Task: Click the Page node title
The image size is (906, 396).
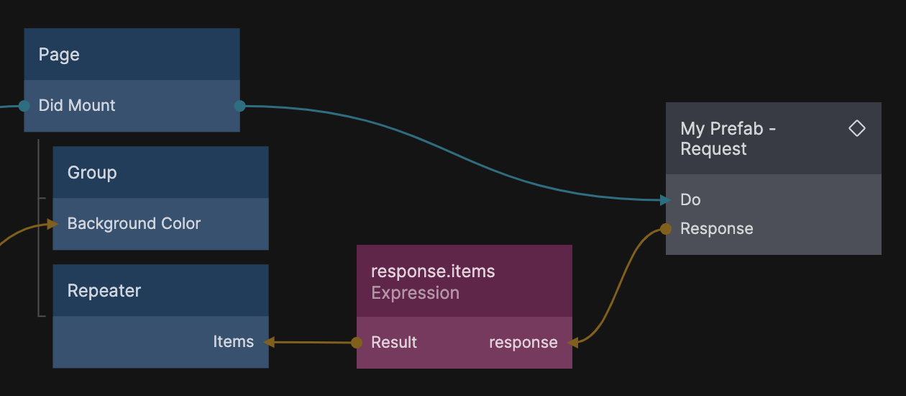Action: (59, 55)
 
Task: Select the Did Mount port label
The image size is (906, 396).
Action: (77, 105)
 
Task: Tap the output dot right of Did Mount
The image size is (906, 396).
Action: (240, 106)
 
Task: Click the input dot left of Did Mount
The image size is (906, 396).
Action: (24, 106)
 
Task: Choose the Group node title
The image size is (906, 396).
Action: (92, 173)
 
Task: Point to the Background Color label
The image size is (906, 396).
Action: (134, 223)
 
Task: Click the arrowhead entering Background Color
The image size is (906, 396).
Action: (52, 224)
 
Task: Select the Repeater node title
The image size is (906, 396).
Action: (104, 291)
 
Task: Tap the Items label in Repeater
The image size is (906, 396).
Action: (234, 341)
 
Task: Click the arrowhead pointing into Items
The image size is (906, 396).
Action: (269, 342)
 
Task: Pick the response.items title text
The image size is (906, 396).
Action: (433, 271)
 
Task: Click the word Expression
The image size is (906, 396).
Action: (415, 293)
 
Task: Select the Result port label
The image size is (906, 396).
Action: (394, 342)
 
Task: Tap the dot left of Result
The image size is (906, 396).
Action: (357, 343)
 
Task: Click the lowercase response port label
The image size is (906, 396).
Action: (523, 343)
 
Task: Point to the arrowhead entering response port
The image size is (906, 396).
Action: (573, 343)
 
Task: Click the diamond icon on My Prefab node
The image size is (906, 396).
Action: (856, 128)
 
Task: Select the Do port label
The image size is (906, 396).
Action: (690, 199)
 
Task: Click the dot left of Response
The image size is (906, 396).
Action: (666, 229)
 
